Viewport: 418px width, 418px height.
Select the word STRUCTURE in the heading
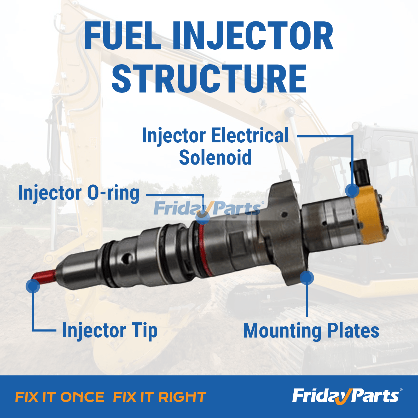(x=209, y=79)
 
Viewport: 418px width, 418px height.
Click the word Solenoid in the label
(x=215, y=158)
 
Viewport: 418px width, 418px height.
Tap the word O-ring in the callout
(x=113, y=193)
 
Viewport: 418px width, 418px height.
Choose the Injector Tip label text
(x=110, y=330)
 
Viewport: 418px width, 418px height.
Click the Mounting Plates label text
(x=311, y=331)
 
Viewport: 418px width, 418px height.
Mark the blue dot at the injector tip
(x=33, y=286)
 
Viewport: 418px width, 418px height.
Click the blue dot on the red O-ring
(x=202, y=217)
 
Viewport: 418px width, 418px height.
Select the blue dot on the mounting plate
(x=307, y=277)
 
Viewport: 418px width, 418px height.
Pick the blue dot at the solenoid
(x=352, y=190)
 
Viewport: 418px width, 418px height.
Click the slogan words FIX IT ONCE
(x=60, y=397)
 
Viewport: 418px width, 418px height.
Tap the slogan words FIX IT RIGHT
(x=160, y=397)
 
